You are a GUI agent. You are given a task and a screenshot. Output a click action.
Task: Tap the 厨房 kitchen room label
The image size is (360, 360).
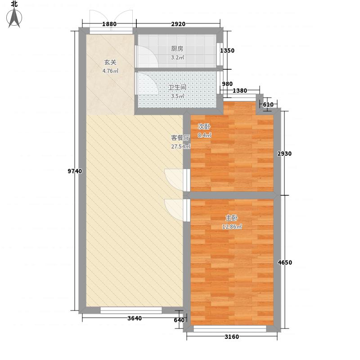(177, 49)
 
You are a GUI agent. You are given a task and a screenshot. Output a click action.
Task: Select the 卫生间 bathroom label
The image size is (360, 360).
(177, 88)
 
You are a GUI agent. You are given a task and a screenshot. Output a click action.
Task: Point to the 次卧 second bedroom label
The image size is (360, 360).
(204, 126)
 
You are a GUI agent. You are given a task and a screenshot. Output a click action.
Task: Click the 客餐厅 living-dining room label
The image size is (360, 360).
(180, 138)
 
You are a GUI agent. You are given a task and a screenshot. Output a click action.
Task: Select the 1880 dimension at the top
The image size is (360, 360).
(109, 24)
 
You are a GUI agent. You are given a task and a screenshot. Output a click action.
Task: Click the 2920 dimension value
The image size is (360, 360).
(178, 24)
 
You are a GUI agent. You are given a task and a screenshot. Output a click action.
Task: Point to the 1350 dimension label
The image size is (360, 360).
(227, 51)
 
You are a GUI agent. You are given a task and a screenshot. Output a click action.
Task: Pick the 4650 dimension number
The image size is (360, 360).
(285, 262)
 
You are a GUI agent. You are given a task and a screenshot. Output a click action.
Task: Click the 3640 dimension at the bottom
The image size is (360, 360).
(134, 319)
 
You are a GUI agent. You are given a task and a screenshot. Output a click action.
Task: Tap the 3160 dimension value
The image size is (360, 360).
(231, 337)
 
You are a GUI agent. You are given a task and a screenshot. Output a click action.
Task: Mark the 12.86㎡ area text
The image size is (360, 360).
(232, 226)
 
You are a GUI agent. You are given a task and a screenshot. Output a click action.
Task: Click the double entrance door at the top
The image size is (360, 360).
(111, 20)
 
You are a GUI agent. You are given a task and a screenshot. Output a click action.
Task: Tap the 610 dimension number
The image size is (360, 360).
(268, 105)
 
